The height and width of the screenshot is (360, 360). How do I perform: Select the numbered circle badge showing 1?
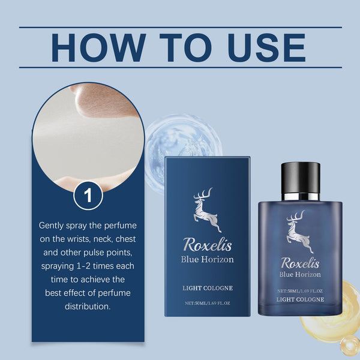[88, 195]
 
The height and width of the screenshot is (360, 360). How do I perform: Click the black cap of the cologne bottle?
[300, 177]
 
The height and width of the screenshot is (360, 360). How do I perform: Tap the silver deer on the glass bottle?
[300, 232]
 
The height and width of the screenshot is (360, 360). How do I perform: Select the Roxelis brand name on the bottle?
[300, 263]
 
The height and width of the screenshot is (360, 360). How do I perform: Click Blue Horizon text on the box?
[207, 260]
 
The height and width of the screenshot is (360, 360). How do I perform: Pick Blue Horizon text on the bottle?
[300, 275]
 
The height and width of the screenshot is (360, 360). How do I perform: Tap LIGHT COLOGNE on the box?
[207, 289]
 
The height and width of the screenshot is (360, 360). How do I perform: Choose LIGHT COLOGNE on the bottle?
[300, 299]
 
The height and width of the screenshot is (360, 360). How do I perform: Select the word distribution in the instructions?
[88, 306]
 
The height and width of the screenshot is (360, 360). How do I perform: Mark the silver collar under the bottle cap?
[300, 196]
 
